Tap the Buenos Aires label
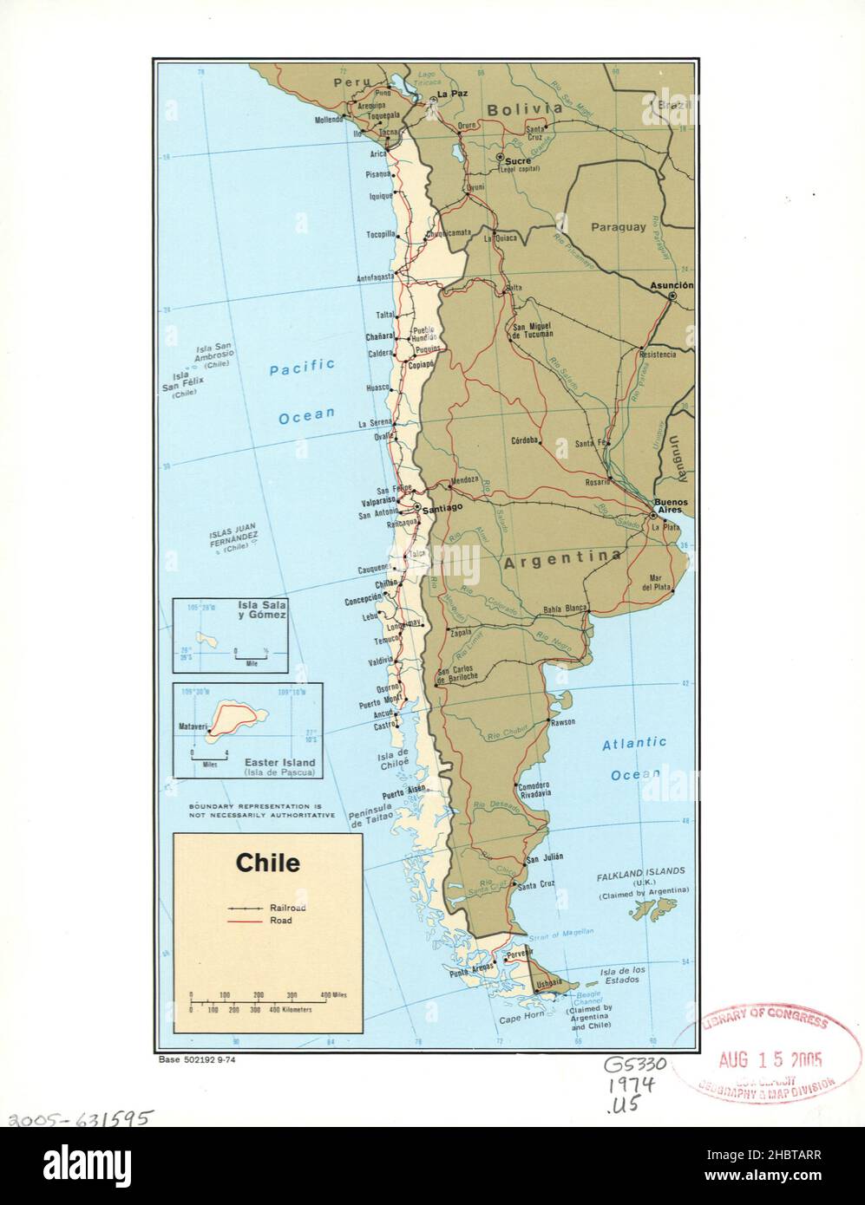coord(672,508)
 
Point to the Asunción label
coord(672,285)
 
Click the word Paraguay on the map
coord(619,227)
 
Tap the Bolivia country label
coord(524,110)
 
